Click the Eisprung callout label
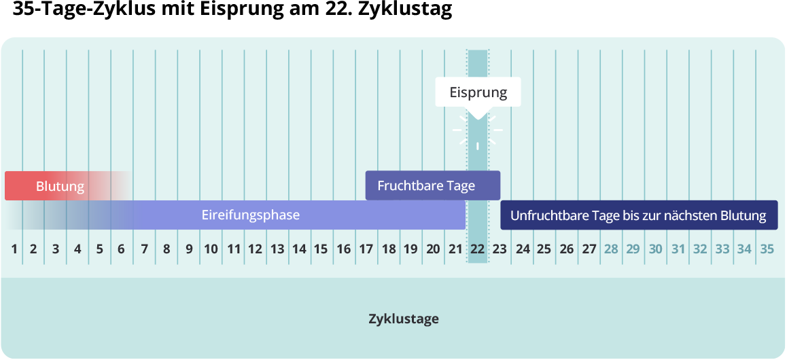coord(478,92)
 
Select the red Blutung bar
coord(60,186)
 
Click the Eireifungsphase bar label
coord(251,215)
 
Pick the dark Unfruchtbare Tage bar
coord(638,216)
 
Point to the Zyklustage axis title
coord(404,319)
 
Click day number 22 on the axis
coord(478,249)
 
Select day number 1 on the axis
coord(14,249)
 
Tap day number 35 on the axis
coord(767,249)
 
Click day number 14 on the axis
coord(299,249)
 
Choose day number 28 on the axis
coord(611,249)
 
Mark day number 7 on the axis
coord(144,249)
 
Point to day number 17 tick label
coord(366,249)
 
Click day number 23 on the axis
coord(500,249)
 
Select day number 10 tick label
coord(211,249)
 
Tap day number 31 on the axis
coord(678,249)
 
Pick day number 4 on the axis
coord(77,249)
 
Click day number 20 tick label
coord(433,249)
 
